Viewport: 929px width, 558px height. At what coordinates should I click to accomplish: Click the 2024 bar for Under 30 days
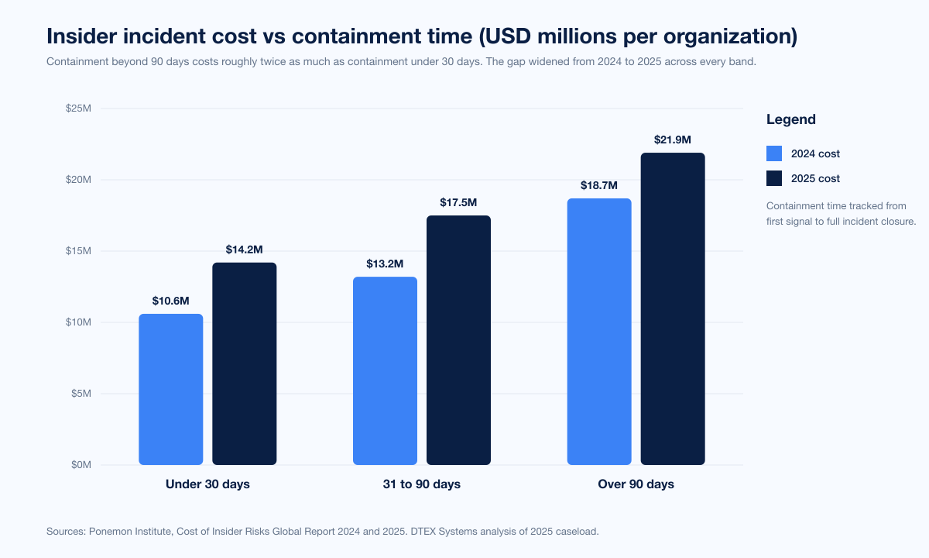click(170, 389)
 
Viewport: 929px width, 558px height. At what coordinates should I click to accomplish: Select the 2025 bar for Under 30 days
click(245, 363)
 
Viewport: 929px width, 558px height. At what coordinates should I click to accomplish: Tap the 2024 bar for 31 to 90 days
click(385, 370)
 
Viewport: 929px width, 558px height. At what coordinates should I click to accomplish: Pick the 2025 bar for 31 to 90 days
click(458, 340)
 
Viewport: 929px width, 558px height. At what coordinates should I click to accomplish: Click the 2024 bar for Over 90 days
click(599, 332)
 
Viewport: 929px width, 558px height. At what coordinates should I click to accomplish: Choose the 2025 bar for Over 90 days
click(673, 308)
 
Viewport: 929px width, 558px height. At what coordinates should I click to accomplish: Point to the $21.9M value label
click(673, 139)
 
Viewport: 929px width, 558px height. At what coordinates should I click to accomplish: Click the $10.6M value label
click(170, 301)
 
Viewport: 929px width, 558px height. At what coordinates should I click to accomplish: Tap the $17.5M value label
click(458, 202)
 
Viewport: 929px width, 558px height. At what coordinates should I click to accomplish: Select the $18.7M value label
click(599, 185)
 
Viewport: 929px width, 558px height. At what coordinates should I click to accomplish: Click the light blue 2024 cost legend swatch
click(774, 153)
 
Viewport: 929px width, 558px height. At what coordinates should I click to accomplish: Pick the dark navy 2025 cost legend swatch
click(774, 178)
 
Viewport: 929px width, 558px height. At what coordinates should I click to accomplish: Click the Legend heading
click(790, 119)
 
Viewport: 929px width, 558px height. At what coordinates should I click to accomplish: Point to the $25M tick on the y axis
click(79, 108)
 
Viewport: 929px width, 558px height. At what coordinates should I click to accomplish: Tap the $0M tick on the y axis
click(81, 465)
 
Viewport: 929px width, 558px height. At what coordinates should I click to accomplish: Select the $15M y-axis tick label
click(79, 251)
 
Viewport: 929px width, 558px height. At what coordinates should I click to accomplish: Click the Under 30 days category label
click(207, 484)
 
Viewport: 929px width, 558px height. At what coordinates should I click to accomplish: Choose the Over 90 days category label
click(636, 484)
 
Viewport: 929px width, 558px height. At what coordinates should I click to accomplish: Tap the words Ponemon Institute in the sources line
click(132, 532)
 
